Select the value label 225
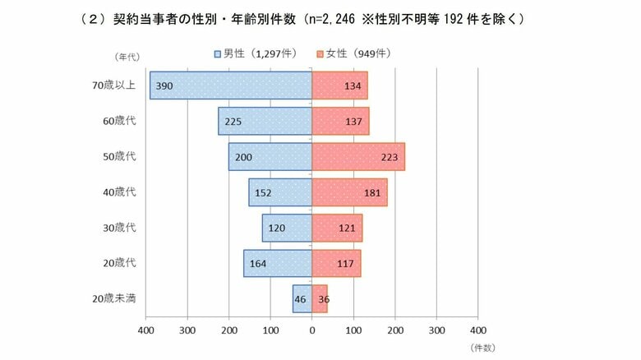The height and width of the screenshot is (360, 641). tap(233, 121)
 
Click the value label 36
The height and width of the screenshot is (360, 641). tap(323, 299)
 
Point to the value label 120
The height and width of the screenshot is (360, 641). tap(277, 228)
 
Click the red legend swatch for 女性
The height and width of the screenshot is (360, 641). tap(319, 54)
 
